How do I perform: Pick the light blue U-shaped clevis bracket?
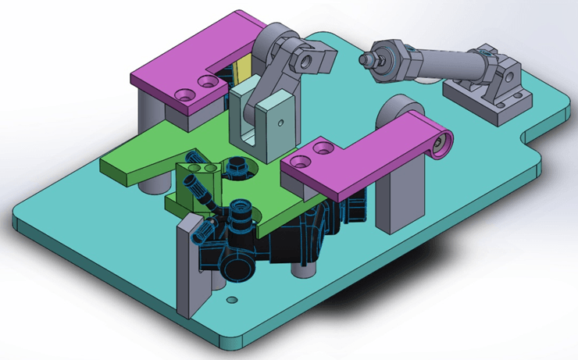266,121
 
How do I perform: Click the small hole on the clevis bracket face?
277,121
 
